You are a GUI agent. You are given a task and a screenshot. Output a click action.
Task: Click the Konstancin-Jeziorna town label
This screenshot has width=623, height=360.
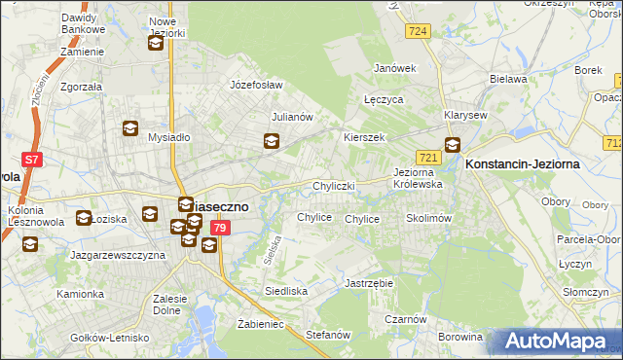(523, 164)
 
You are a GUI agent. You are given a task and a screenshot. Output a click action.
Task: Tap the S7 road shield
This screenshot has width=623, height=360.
(32, 160)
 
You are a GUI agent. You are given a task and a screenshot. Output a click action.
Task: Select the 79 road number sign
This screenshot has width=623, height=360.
(221, 228)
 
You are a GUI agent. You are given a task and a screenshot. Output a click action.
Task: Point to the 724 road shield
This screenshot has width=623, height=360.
(419, 32)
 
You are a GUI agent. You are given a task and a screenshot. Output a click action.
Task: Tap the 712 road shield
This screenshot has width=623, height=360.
(613, 143)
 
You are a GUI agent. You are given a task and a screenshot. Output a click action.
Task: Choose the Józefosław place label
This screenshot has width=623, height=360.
(255, 85)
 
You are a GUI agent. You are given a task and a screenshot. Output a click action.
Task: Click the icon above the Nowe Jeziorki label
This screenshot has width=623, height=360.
(156, 43)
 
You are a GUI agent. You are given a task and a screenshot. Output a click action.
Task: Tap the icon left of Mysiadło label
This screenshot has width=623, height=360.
(129, 127)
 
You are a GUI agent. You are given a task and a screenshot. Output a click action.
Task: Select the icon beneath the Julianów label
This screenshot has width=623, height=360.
(272, 142)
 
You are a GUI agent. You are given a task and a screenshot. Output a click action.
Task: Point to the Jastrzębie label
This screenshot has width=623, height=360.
(368, 283)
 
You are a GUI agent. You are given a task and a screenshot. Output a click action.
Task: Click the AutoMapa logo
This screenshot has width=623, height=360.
(558, 341)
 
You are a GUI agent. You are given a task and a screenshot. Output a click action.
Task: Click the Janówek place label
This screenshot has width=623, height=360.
(395, 68)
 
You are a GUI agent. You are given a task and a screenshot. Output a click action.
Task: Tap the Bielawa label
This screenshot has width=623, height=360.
(507, 79)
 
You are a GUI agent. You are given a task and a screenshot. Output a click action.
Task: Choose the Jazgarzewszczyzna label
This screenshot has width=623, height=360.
(116, 254)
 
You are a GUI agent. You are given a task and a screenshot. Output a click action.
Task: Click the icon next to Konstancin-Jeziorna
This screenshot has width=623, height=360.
(453, 146)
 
